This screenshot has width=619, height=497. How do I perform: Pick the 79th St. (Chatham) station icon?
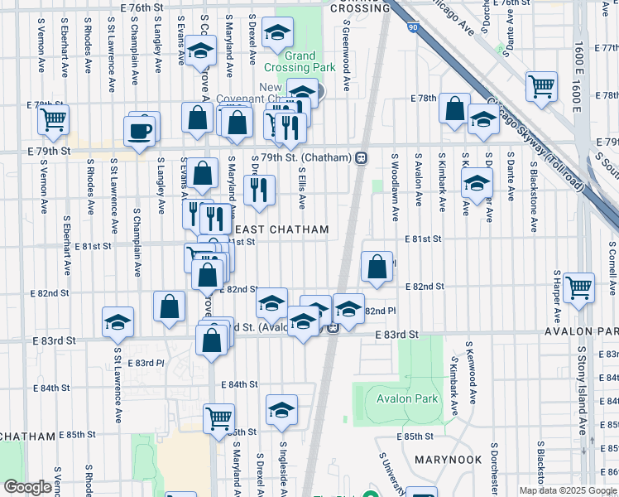point(361,158)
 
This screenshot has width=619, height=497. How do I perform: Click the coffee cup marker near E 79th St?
point(139,130)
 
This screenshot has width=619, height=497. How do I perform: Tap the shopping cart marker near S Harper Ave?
point(578,286)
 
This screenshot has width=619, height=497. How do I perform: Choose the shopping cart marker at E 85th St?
point(218,418)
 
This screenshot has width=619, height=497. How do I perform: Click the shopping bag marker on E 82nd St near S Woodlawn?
point(377,267)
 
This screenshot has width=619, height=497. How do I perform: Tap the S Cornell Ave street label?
point(612,269)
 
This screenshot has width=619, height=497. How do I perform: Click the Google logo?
point(27,487)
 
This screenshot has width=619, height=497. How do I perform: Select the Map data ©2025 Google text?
point(568,490)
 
